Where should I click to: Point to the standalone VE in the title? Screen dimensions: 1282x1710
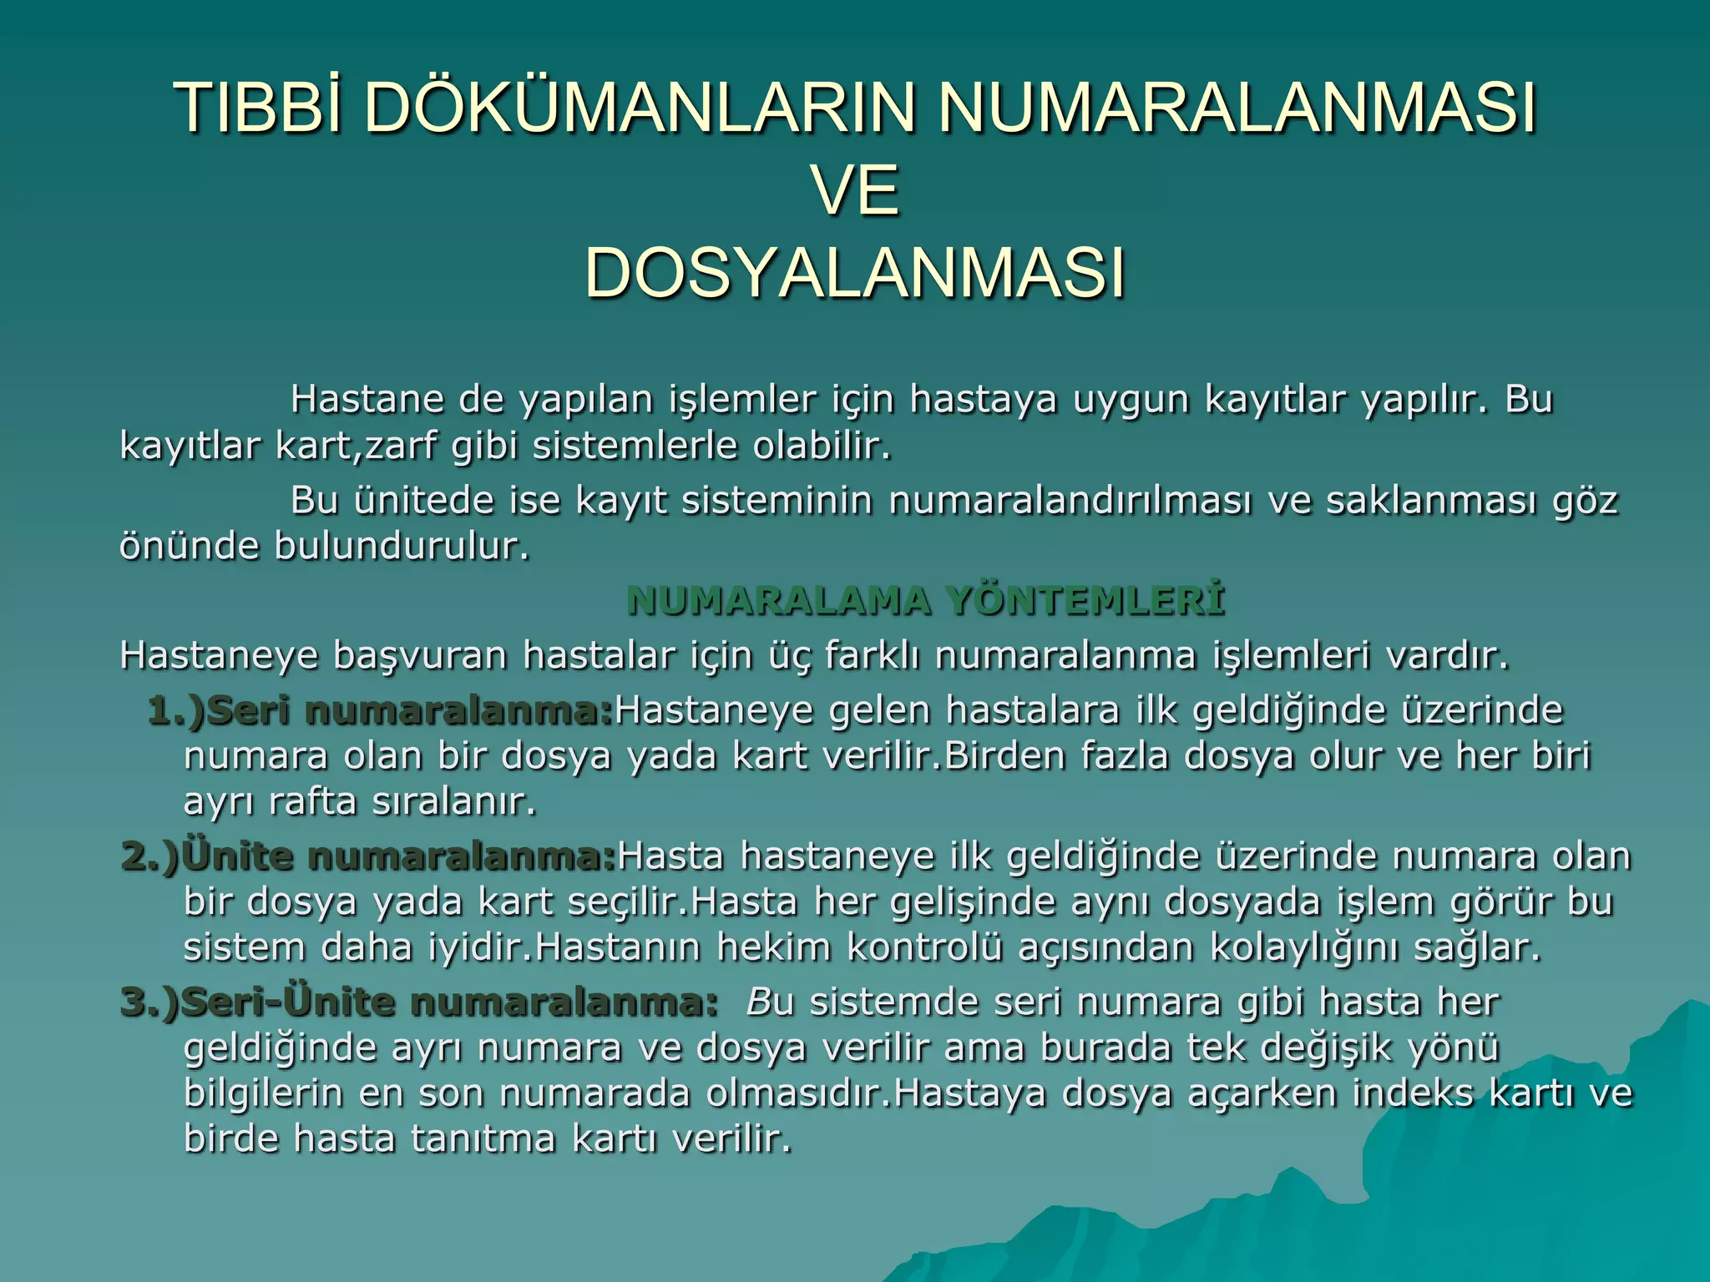[857, 191]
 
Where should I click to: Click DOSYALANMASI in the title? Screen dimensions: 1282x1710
[855, 273]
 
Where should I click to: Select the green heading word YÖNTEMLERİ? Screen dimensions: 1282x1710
[1085, 601]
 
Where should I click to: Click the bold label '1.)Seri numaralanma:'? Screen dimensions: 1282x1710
[381, 711]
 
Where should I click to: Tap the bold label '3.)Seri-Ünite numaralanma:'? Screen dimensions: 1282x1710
[419, 1002]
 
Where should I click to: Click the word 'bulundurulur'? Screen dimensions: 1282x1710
[401, 548]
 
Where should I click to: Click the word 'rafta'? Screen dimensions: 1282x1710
[313, 803]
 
